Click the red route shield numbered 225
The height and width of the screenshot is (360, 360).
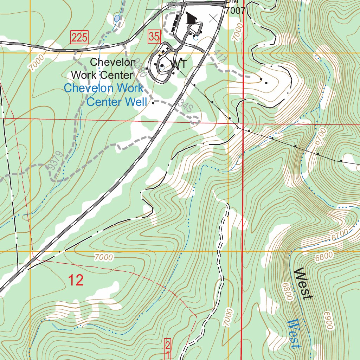coord(79,37)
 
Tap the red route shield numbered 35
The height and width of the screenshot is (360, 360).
coord(154,36)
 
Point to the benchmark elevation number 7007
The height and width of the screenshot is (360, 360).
coord(235,11)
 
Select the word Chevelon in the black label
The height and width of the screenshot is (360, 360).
coord(112,63)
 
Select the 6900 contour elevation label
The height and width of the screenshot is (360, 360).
coord(328,320)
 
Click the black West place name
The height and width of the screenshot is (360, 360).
coord(303,284)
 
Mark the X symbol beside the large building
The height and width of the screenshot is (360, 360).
coord(213,18)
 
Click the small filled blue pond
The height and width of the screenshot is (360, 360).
coord(117,18)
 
